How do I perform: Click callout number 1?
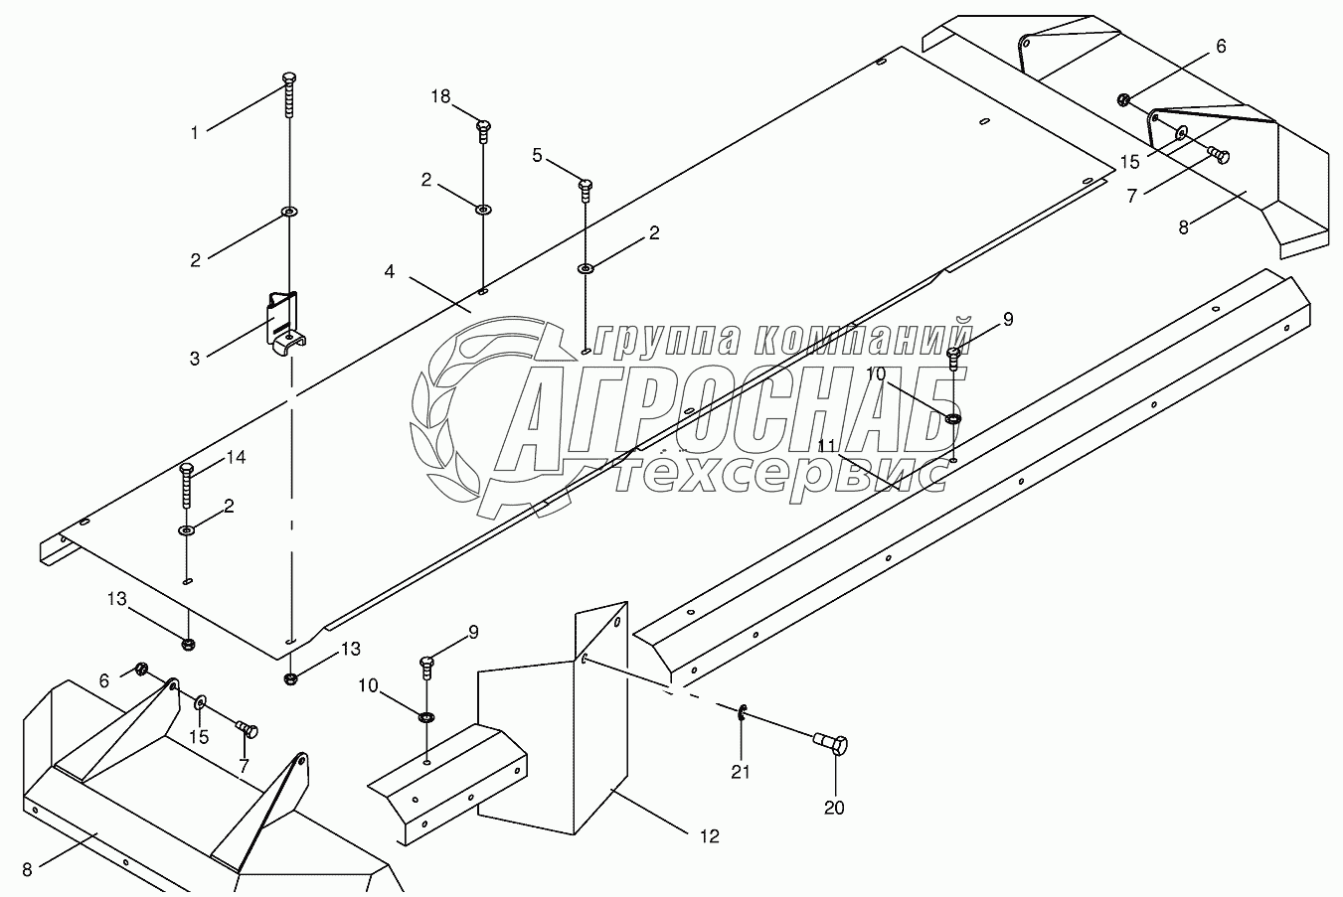tap(196, 132)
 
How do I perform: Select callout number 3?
tap(195, 359)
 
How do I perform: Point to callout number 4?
tap(390, 270)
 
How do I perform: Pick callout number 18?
tap(440, 96)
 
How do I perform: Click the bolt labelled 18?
tap(484, 126)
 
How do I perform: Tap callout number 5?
tap(538, 155)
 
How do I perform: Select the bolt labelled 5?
tap(586, 186)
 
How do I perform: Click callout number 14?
tap(235, 458)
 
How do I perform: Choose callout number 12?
tap(708, 836)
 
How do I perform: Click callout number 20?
tap(834, 808)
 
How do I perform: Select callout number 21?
tap(741, 772)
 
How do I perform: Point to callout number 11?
tap(827, 446)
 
